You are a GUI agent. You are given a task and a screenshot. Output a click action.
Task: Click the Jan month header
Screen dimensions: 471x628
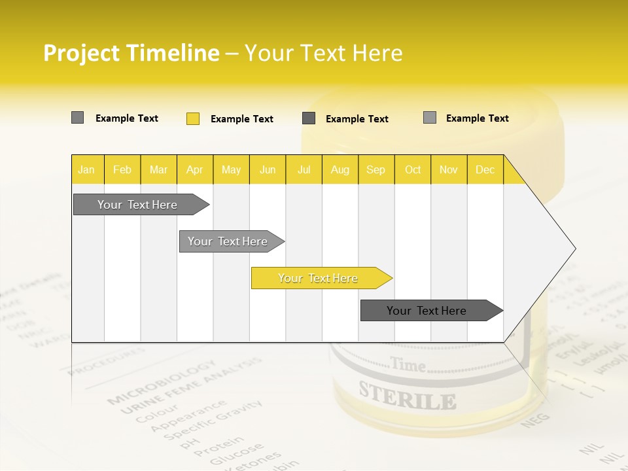point(87,169)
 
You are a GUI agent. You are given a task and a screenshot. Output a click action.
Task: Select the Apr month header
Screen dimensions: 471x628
point(194,169)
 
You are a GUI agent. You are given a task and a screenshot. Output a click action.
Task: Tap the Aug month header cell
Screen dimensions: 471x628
point(340,169)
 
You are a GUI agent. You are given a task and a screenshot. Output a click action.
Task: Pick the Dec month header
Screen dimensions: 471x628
point(485,169)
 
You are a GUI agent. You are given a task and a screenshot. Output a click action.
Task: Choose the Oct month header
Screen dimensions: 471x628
point(413,169)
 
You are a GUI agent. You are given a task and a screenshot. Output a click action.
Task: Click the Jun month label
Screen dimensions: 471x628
point(268,169)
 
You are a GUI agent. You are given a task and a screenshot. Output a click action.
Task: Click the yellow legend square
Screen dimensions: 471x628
point(193,118)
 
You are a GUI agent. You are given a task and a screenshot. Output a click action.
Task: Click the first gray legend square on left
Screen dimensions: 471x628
point(77,118)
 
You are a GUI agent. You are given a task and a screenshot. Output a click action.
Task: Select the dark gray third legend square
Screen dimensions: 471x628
point(309,118)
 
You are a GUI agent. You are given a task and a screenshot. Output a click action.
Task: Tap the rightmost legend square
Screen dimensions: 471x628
point(429,118)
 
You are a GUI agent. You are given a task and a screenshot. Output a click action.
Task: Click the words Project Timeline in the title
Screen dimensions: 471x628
point(131,53)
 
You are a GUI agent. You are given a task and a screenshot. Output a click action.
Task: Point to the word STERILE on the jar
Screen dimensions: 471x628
point(407,397)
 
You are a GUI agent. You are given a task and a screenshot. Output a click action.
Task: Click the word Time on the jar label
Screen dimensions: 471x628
point(408,365)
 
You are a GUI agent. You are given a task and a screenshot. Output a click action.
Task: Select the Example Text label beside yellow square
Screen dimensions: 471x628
point(241,119)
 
